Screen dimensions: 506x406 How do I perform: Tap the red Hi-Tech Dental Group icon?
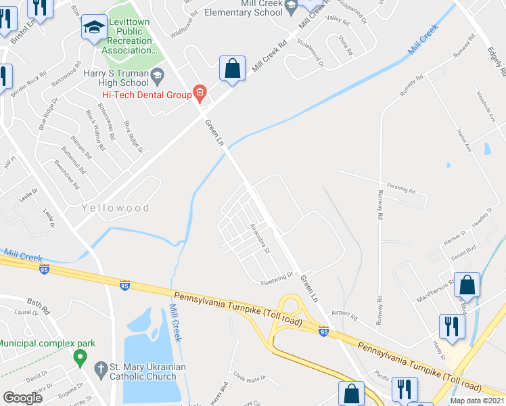200,93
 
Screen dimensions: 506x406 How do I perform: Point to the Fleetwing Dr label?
278,275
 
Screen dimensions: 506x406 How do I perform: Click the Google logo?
24,397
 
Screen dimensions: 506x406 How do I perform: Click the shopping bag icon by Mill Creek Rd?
232,69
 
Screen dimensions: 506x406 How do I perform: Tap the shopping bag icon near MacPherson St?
467,286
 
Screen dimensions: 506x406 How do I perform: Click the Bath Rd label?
39,302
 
